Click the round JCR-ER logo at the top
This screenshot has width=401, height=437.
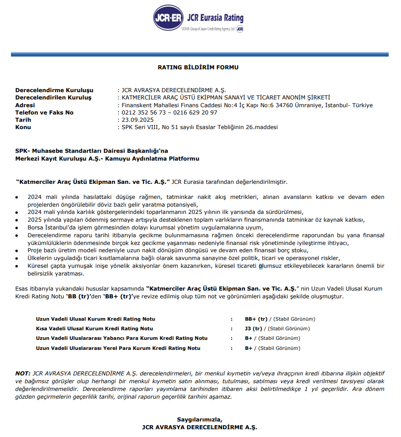(x=168, y=18)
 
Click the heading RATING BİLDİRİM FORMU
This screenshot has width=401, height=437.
(x=198, y=68)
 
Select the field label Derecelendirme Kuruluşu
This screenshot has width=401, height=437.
(x=54, y=91)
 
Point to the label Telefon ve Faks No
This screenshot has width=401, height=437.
(x=44, y=113)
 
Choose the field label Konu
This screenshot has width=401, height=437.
(x=23, y=127)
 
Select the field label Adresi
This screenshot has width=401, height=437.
(x=25, y=105)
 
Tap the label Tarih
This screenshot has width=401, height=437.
(x=23, y=120)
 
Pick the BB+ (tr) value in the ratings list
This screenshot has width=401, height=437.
(x=256, y=319)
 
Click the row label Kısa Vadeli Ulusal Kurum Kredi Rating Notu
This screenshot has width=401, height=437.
(x=95, y=328)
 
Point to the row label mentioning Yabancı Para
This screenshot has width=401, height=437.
(x=121, y=338)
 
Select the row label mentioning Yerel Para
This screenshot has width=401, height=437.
(x=118, y=348)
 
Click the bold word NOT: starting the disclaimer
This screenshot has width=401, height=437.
(x=23, y=373)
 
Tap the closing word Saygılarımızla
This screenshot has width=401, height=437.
(x=200, y=420)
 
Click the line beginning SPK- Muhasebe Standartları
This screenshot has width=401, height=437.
(x=92, y=150)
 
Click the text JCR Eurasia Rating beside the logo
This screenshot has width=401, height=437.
(x=215, y=18)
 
